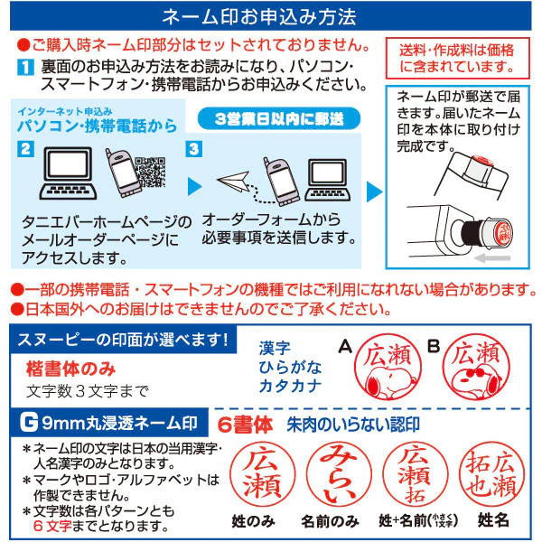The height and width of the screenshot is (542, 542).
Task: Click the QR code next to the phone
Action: coord(150,172)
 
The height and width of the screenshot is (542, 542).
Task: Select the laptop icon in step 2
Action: coord(68,173)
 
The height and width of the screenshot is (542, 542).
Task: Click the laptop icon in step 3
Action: coord(327,180)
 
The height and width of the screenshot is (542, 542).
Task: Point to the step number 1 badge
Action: coord(25,67)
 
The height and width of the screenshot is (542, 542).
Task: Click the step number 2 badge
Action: coord(25,149)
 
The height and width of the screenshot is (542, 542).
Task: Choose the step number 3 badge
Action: coord(194,149)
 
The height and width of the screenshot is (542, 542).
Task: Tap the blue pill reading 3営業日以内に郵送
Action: coord(279,118)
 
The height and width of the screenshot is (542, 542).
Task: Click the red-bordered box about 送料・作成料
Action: coord(457,58)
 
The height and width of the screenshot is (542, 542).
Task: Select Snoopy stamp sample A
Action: coord(388,367)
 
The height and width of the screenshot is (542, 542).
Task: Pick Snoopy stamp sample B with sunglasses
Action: coord(476,367)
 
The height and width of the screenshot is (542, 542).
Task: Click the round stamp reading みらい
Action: coord(339,474)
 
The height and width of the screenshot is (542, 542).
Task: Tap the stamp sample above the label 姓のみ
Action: coord(262,474)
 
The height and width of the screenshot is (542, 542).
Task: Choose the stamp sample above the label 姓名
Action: coord(491,474)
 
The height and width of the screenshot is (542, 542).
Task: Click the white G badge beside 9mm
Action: coord(29,423)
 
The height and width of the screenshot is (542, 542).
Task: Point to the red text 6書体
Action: coord(245,425)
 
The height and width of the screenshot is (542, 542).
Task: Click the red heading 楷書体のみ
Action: coord(70,369)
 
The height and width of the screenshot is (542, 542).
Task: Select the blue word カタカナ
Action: coord(290,386)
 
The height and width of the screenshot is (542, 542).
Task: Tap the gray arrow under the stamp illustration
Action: coord(492,257)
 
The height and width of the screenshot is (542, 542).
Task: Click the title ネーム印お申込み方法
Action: coord(259,16)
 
